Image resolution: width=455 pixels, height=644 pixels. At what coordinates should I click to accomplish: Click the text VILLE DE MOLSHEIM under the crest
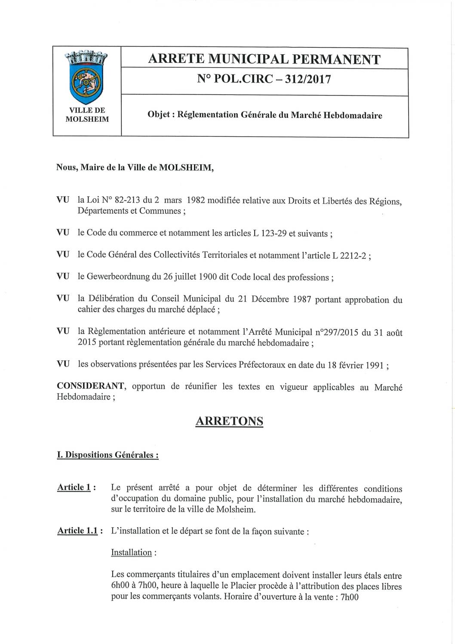(x=87, y=115)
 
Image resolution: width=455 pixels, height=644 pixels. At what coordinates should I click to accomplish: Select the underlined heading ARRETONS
(x=229, y=421)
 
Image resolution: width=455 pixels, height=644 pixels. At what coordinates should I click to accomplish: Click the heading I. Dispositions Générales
(x=108, y=455)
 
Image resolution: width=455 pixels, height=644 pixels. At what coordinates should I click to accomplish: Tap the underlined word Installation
(x=131, y=553)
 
